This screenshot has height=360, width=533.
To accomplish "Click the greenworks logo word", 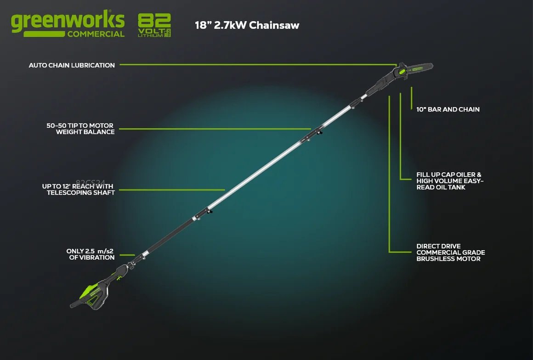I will [x=68, y=21].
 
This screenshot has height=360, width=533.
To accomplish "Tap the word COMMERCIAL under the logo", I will [x=96, y=34].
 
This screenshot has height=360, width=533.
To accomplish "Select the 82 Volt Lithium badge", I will [x=154, y=25].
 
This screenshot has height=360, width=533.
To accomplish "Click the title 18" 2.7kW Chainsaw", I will [x=247, y=25].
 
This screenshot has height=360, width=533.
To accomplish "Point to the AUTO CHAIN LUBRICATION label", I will [x=72, y=65].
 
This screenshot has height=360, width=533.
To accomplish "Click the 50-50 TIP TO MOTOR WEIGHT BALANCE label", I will [x=80, y=129].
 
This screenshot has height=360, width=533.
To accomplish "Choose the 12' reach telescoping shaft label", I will [x=78, y=190].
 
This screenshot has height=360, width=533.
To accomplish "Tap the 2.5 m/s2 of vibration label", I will [x=91, y=254].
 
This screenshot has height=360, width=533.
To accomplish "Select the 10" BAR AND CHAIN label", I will [x=448, y=109].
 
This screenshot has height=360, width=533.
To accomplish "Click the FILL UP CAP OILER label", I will [x=450, y=181].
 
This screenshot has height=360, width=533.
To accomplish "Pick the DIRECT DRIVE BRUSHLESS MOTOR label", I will [x=450, y=253].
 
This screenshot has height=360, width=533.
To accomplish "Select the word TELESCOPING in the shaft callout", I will [x=63, y=193].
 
